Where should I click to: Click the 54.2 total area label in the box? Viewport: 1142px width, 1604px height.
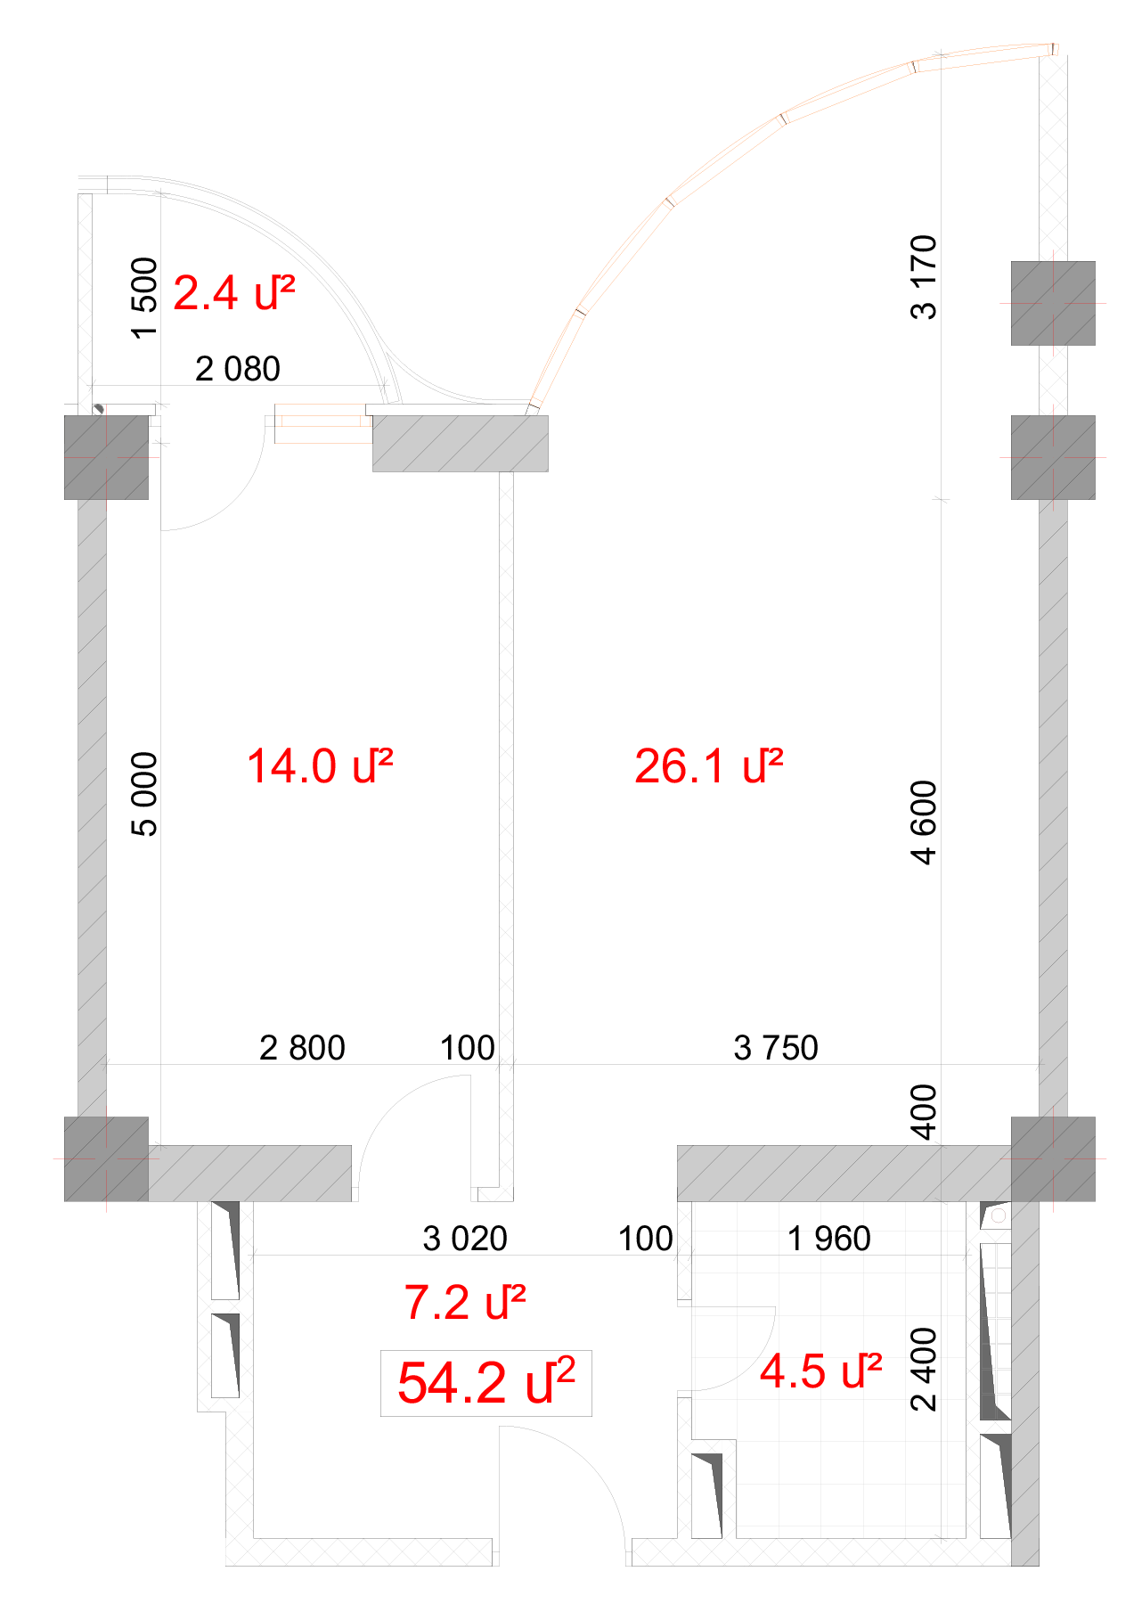[x=486, y=1382]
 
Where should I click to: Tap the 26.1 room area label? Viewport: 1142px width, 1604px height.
[x=709, y=766]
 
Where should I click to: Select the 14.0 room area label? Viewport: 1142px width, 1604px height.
[x=320, y=766]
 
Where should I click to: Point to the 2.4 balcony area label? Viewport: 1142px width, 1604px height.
[x=234, y=293]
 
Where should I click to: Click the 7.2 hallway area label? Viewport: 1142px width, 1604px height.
[x=465, y=1303]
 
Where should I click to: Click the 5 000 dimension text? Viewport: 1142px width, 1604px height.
[x=144, y=795]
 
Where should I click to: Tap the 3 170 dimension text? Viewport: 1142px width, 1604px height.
[x=924, y=277]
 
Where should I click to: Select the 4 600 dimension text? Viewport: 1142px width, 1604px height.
[x=924, y=822]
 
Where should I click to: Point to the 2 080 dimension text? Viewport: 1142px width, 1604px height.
[x=238, y=369]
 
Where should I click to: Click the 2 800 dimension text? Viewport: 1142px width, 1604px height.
[x=302, y=1048]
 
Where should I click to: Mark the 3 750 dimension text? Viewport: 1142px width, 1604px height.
[x=776, y=1048]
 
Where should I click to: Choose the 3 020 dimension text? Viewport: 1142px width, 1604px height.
[x=465, y=1239]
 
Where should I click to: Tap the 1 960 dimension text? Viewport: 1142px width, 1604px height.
[x=829, y=1239]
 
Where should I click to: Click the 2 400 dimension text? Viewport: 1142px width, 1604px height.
[x=924, y=1370]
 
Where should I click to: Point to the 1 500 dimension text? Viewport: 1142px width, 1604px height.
[x=144, y=298]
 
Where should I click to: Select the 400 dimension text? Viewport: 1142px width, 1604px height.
[x=924, y=1112]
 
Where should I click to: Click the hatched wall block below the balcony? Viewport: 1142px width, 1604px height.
[x=460, y=443]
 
